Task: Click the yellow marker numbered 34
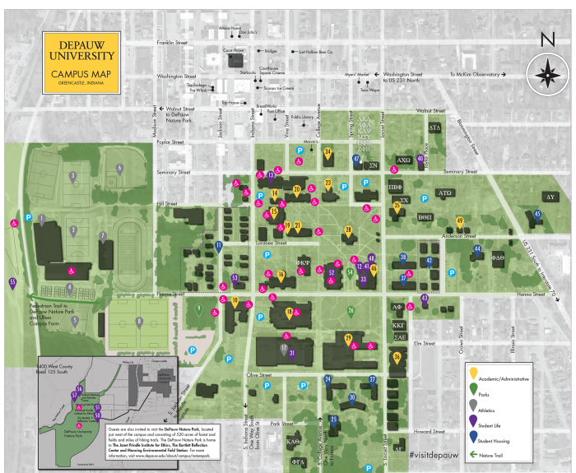coord(327,152)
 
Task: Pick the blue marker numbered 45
coord(537,216)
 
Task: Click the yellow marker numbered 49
coord(460,221)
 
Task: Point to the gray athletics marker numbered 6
coord(119,169)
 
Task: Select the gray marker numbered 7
coord(103,237)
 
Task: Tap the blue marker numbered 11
coord(219,246)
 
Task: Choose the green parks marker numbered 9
coord(198,309)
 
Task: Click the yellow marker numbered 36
coord(397,357)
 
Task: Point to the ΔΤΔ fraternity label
coord(434,128)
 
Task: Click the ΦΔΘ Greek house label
coord(498,257)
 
